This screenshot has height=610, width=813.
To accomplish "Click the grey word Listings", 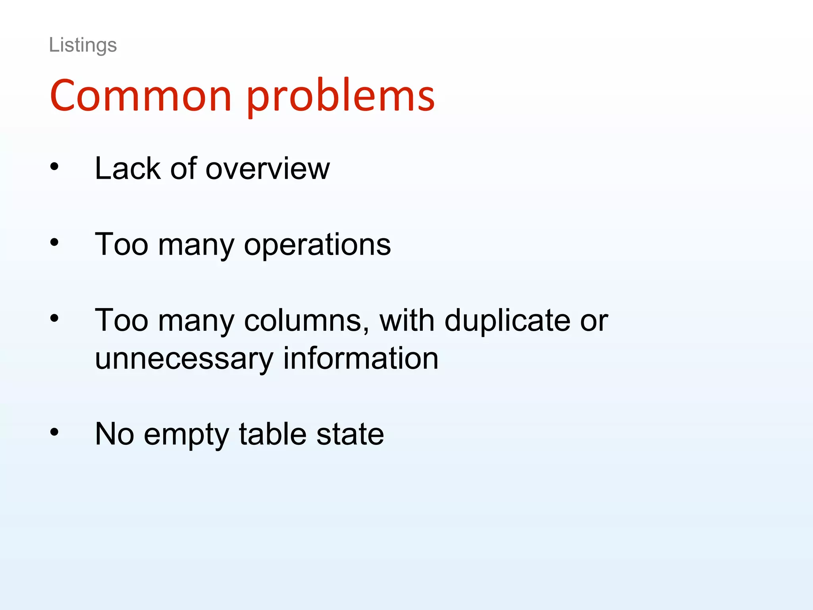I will pyautogui.click(x=83, y=45).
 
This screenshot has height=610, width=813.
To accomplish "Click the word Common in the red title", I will pyautogui.click(x=141, y=96).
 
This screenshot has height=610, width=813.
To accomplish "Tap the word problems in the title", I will pyautogui.click(x=341, y=98).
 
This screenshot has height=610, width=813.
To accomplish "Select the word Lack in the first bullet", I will pyautogui.click(x=127, y=168).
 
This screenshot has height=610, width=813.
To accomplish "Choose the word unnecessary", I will pyautogui.click(x=184, y=359).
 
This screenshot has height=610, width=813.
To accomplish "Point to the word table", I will pyautogui.click(x=273, y=434).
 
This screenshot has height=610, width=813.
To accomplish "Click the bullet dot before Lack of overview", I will pyautogui.click(x=54, y=167).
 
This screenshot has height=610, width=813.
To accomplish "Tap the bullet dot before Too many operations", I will pyautogui.click(x=54, y=243).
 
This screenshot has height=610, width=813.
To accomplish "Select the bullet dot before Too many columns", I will pyautogui.click(x=54, y=318).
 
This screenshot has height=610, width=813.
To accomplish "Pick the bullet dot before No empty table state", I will pyautogui.click(x=54, y=432).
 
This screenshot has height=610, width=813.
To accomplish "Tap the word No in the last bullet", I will pyautogui.click(x=114, y=434).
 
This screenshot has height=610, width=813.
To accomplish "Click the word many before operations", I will pyautogui.click(x=197, y=246).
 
